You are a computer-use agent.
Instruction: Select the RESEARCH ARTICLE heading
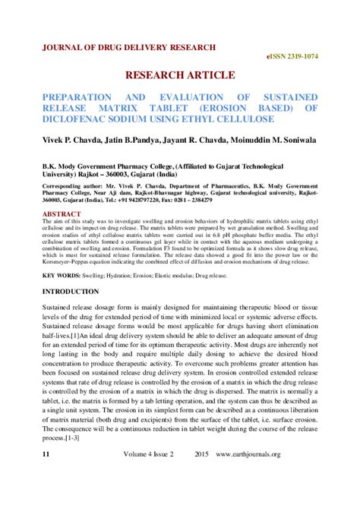tap(179, 77)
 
